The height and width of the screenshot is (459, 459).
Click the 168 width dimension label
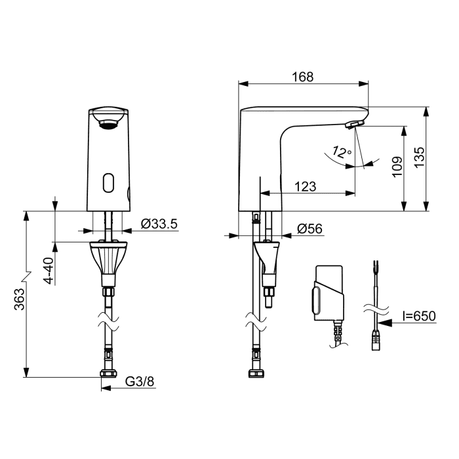[x=303, y=77]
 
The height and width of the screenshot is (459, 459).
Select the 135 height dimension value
[x=419, y=157]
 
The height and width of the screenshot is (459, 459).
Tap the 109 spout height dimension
[x=397, y=167]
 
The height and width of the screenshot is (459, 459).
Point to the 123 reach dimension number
[x=306, y=186]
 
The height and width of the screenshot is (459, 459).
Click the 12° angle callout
[x=342, y=151]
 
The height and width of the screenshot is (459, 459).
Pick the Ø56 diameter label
[x=309, y=229]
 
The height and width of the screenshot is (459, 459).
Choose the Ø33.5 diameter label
[x=159, y=224]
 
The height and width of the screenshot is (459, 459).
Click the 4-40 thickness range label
[x=49, y=271]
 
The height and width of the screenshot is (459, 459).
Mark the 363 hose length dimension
[x=20, y=299]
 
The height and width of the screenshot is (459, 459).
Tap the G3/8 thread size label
[x=140, y=382]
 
